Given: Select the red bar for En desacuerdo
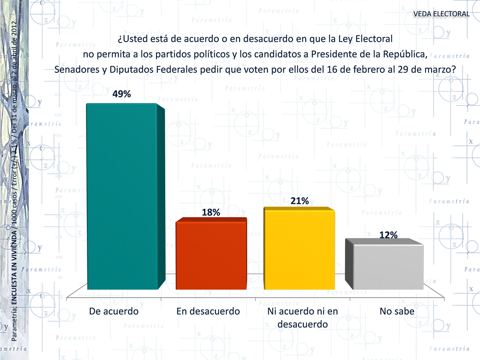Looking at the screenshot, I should pyautogui.click(x=211, y=255).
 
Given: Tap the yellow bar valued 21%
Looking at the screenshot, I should pyautogui.click(x=299, y=250).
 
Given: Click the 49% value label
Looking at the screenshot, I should pyautogui.click(x=122, y=94).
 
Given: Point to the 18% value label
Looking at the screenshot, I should pyautogui.click(x=211, y=212).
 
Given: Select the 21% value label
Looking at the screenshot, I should pyautogui.click(x=299, y=201).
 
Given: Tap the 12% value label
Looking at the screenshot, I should pyautogui.click(x=388, y=235).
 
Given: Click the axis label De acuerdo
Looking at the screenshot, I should pyautogui.click(x=114, y=311).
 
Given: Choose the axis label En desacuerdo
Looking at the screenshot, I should pyautogui.click(x=208, y=311).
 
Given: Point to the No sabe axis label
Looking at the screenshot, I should pyautogui.click(x=397, y=311).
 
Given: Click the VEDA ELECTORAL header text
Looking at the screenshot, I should pyautogui.click(x=441, y=13).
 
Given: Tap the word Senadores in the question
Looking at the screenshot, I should pyautogui.click(x=75, y=69).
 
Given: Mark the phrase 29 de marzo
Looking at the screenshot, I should pyautogui.click(x=425, y=69).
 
